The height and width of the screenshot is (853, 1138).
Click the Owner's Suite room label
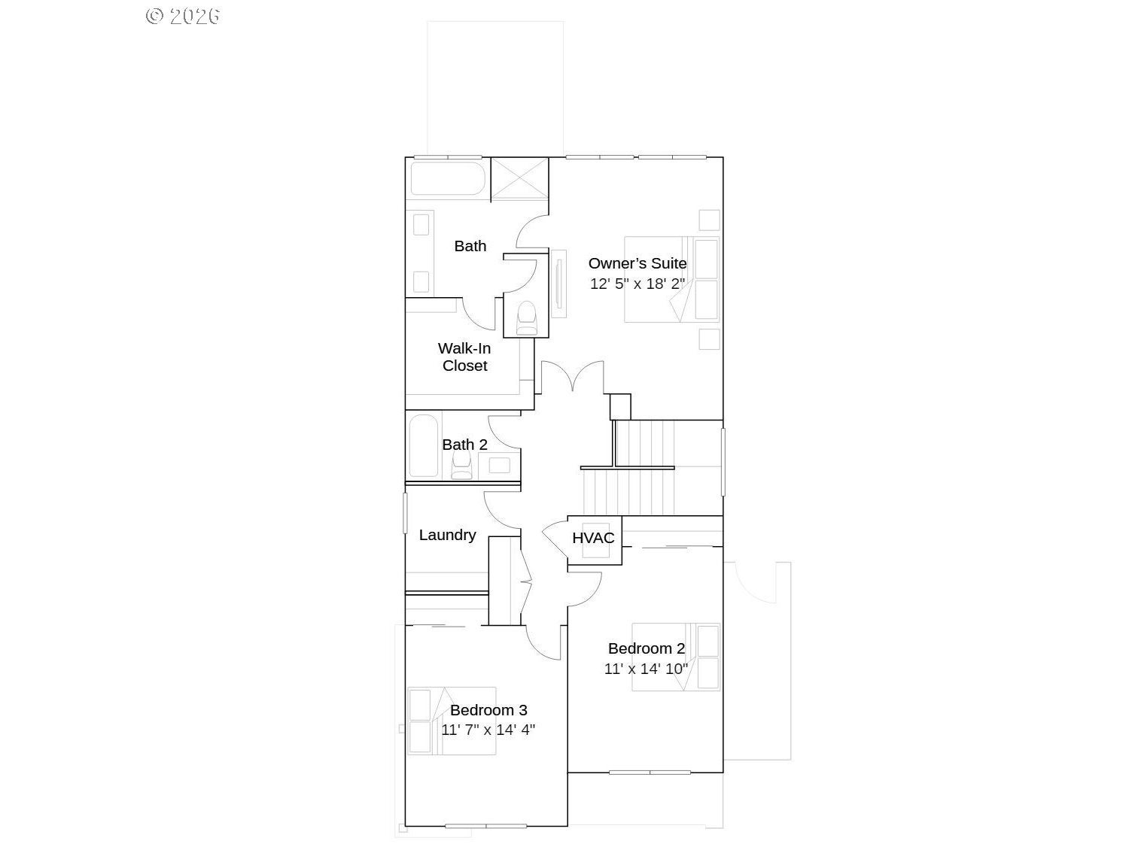click(637, 263)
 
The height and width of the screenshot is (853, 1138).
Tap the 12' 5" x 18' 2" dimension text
click(637, 284)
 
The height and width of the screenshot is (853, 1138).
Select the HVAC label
click(593, 538)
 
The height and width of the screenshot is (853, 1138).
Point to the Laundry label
click(447, 535)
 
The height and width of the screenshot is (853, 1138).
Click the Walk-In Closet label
click(464, 357)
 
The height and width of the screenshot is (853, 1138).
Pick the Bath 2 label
click(464, 445)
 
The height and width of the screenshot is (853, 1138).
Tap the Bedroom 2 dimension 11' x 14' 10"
click(646, 669)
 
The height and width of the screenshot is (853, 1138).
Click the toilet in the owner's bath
click(527, 318)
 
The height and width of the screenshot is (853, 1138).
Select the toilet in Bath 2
click(461, 464)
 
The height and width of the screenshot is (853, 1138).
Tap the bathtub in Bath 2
click(424, 445)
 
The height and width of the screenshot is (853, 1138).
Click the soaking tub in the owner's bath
click(448, 178)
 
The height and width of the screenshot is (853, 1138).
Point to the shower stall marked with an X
click(519, 178)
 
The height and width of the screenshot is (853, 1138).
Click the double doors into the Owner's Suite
click(572, 376)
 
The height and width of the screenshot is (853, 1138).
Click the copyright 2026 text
click(182, 16)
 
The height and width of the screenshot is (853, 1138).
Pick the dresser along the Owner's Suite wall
click(558, 284)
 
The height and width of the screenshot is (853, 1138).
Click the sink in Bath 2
click(499, 465)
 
